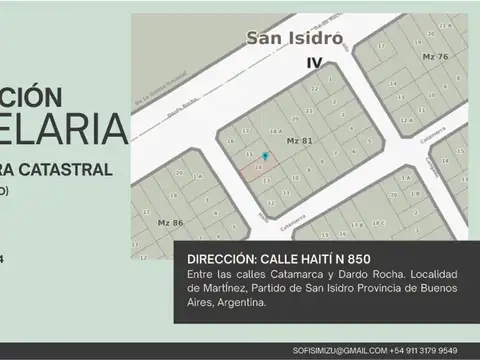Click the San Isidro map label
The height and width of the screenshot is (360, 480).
tap(295, 38)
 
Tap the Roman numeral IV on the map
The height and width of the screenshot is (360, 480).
tap(313, 62)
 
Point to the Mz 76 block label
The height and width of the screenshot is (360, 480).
tap(436, 57)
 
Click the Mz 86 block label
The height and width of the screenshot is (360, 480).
tap(169, 222)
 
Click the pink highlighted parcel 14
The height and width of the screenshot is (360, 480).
tap(257, 169)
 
